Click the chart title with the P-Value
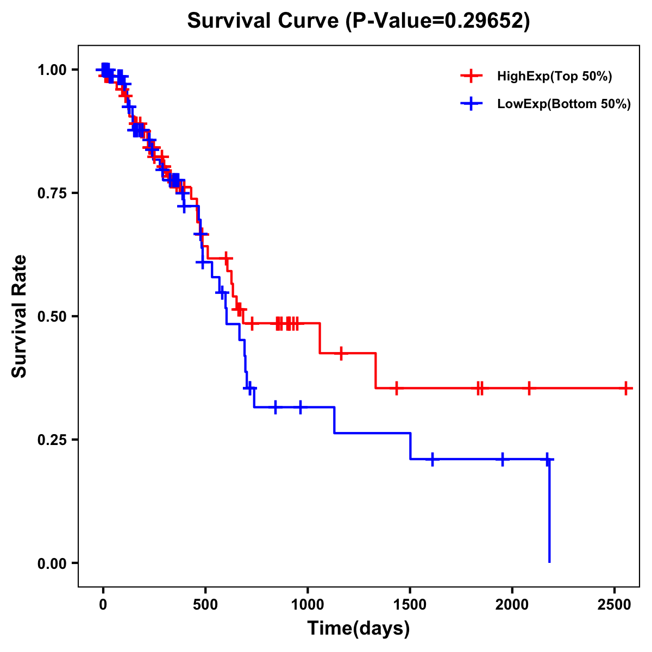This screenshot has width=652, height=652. coord(358,21)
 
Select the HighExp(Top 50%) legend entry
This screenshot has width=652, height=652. coord(554,77)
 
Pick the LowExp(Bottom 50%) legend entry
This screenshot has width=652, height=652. coord(563,104)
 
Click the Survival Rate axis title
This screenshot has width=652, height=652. coord(20,316)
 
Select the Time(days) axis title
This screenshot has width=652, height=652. coord(359,629)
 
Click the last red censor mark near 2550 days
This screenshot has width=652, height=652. coord(626,388)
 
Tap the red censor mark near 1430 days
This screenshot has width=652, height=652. coord(396,388)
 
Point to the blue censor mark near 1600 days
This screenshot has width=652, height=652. coord(432,459)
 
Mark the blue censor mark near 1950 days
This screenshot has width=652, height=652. coord(503,459)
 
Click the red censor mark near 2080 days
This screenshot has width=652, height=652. coord(529,388)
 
